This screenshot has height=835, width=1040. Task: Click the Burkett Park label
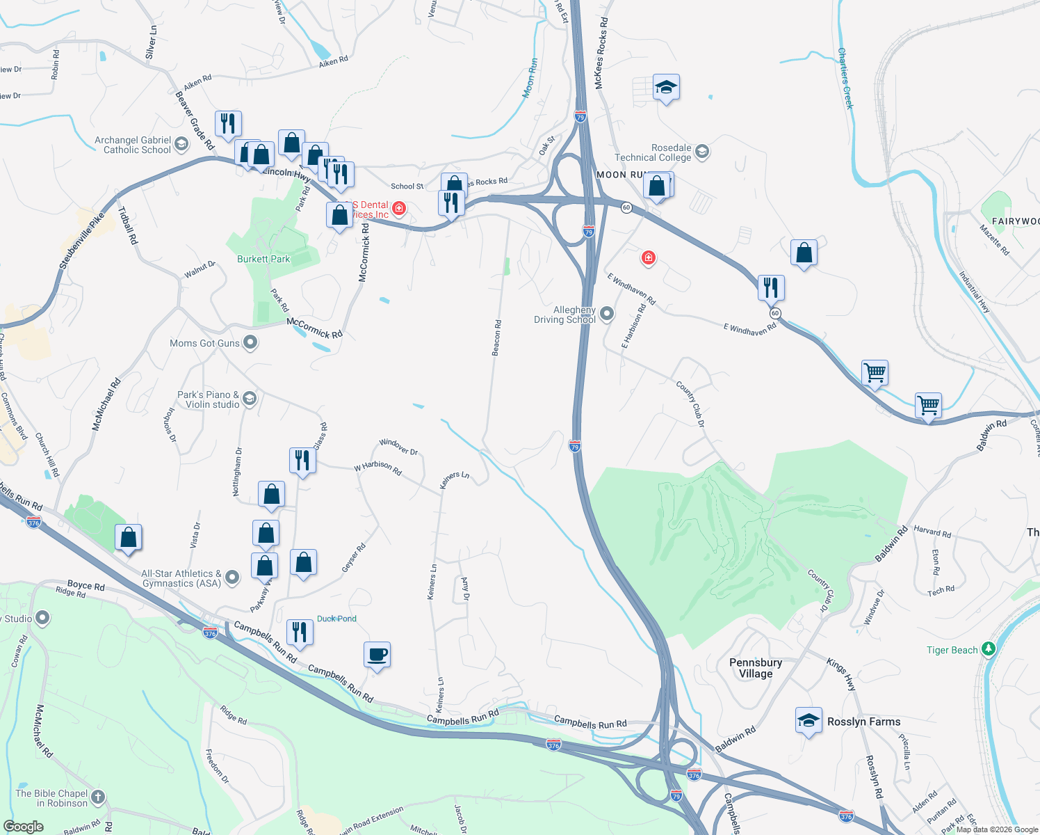[263, 259]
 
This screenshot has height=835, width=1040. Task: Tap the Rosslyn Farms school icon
[809, 721]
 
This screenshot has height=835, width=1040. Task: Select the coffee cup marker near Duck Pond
[377, 655]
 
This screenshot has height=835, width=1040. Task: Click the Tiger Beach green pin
[988, 650]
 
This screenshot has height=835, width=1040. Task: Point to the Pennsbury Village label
[756, 668]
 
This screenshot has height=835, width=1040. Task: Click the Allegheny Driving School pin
[607, 314]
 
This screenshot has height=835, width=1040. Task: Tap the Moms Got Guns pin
[250, 342]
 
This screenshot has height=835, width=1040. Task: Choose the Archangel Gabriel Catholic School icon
[181, 144]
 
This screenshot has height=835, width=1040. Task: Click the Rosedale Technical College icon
[701, 152]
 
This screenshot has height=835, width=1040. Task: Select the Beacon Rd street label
[497, 338]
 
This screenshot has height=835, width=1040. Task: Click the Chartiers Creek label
[845, 78]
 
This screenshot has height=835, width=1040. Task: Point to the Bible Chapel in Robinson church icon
[98, 797]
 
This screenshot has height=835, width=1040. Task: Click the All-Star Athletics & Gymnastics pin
[232, 577]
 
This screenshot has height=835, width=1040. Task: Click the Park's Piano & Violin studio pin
[250, 399]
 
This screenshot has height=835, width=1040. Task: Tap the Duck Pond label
[336, 619]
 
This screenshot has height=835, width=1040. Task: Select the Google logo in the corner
[23, 827]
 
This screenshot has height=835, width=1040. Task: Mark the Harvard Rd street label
[932, 532]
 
